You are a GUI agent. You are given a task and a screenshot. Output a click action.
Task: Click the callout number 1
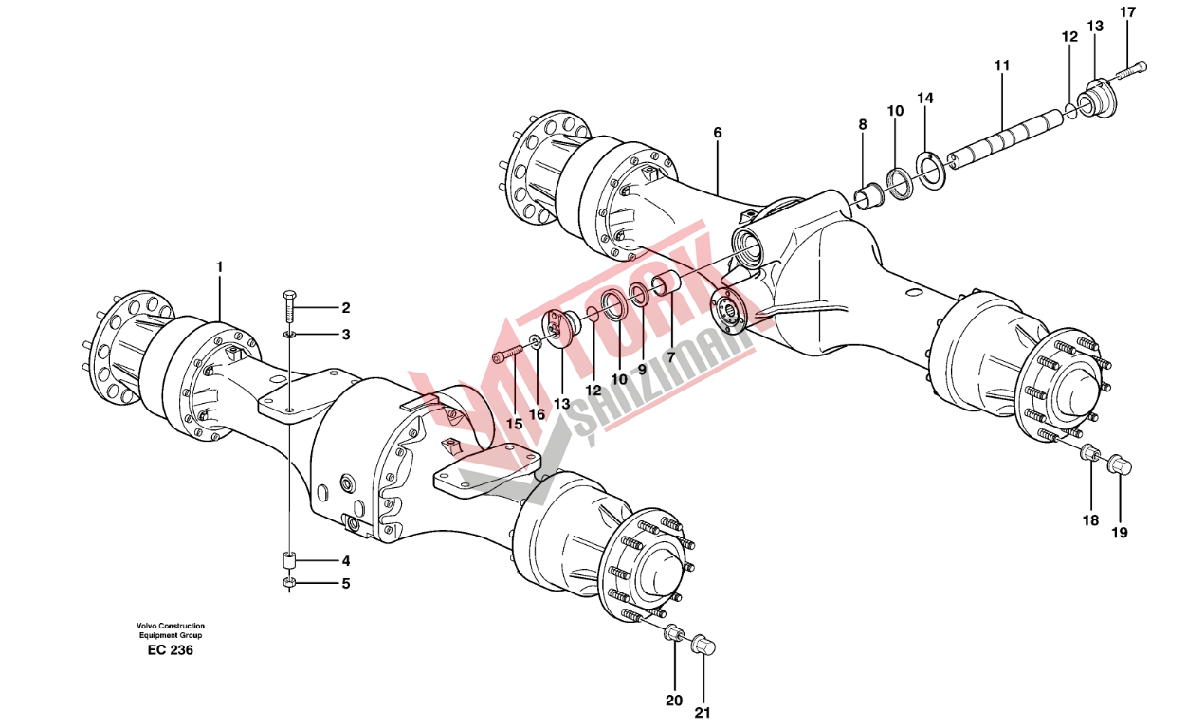pyautogui.click(x=219, y=268)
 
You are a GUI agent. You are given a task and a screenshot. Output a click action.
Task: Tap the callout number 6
pyautogui.click(x=718, y=133)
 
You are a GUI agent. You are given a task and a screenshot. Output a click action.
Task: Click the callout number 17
pyautogui.click(x=1127, y=12)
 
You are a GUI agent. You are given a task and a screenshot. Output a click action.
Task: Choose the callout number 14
pyautogui.click(x=925, y=99)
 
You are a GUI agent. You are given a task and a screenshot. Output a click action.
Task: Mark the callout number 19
pyautogui.click(x=1120, y=533)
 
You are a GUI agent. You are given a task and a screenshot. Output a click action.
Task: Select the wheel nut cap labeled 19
pyautogui.click(x=1120, y=464)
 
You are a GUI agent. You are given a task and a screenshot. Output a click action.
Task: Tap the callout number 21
pyautogui.click(x=704, y=713)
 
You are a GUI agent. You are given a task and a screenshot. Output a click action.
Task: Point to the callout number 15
pyautogui.click(x=514, y=424)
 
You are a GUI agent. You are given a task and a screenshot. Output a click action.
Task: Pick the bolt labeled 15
pyautogui.click(x=508, y=354)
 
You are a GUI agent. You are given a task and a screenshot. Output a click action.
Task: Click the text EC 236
pyautogui.click(x=171, y=651)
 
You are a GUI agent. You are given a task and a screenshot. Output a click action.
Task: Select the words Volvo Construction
pyautogui.click(x=170, y=626)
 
